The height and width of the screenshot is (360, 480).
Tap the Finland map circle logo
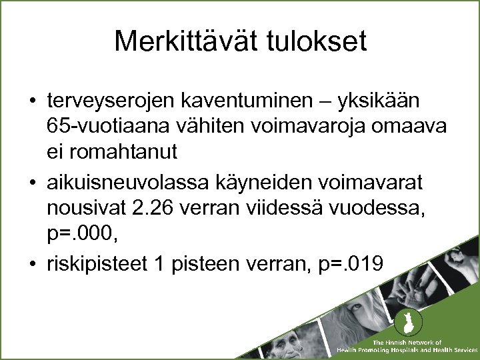coord(404,325)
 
